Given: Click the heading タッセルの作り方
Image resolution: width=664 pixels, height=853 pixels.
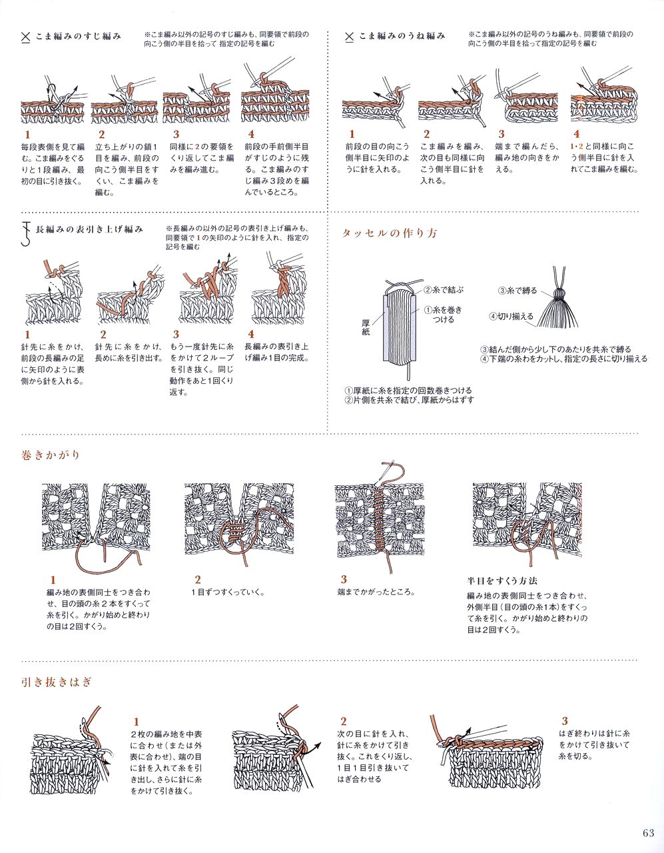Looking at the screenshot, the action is pyautogui.click(x=390, y=233).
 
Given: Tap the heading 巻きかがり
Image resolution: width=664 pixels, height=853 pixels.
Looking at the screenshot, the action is pyautogui.click(x=51, y=455).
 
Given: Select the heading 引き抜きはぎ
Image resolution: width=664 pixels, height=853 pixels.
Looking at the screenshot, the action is pyautogui.click(x=57, y=682).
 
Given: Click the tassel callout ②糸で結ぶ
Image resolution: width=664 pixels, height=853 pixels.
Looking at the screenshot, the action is pyautogui.click(x=444, y=290).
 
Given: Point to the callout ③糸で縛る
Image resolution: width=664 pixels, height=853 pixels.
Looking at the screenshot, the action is pyautogui.click(x=517, y=291).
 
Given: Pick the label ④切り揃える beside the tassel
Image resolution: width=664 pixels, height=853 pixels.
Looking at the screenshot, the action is pyautogui.click(x=511, y=316).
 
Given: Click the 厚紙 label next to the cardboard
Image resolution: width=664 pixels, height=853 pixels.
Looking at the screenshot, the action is pyautogui.click(x=366, y=327).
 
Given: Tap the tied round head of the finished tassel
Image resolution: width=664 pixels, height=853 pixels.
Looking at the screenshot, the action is pyautogui.click(x=559, y=294).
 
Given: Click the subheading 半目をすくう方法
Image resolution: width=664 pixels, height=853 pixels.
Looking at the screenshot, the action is pyautogui.click(x=502, y=580).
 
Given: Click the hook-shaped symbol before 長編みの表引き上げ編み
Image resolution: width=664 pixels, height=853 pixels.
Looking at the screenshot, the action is pyautogui.click(x=26, y=233).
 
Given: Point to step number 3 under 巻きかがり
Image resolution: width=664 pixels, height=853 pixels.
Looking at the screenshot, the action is pyautogui.click(x=344, y=579).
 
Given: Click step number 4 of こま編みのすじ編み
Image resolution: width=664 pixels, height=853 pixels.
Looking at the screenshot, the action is pyautogui.click(x=251, y=134).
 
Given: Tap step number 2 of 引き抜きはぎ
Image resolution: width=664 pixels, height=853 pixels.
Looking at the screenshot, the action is pyautogui.click(x=344, y=721).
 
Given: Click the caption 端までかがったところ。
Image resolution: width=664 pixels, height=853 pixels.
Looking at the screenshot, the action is pyautogui.click(x=376, y=592).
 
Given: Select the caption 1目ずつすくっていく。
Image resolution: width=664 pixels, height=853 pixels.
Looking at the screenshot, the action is pyautogui.click(x=228, y=592).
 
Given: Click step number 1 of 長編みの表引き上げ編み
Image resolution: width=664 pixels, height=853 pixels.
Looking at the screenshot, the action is pyautogui.click(x=27, y=335).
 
